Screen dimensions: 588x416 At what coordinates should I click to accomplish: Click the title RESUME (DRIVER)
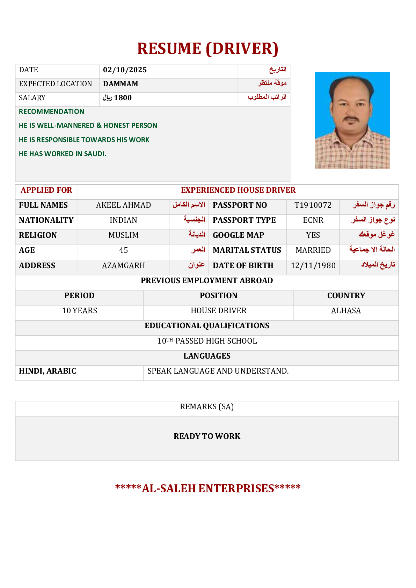(207, 49)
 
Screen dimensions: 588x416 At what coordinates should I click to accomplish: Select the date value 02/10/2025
(125, 70)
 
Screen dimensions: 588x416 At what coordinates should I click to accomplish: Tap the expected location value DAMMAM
(121, 84)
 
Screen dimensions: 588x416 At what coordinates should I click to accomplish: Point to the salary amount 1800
(123, 98)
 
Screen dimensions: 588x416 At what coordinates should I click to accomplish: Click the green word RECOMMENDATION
(51, 111)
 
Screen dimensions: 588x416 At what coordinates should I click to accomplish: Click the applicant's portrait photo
(352, 120)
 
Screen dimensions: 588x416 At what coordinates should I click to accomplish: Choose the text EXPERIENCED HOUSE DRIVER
(238, 190)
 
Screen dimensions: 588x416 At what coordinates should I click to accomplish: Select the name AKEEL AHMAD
(123, 205)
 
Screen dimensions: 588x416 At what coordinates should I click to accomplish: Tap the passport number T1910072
(313, 205)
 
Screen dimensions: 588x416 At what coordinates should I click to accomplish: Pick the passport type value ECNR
(313, 220)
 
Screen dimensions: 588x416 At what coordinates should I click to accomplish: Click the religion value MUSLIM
(123, 235)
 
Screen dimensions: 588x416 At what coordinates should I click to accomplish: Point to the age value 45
(123, 250)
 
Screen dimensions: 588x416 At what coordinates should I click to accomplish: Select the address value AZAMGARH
(123, 266)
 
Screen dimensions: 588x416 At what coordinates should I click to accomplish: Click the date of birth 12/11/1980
(313, 266)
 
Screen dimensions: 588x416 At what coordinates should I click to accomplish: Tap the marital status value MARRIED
(313, 250)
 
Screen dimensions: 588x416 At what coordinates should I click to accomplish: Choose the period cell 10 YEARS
(80, 311)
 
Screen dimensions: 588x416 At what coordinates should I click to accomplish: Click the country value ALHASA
(346, 311)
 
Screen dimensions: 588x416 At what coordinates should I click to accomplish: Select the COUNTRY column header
(346, 296)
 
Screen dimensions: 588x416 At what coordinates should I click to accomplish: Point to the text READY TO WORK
(207, 436)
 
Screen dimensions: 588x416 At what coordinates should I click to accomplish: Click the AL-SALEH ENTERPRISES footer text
(207, 488)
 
